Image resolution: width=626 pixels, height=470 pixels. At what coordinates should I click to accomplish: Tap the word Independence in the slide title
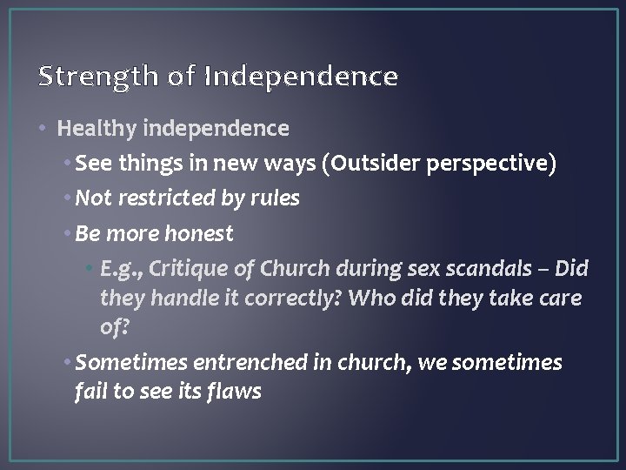pos(301,77)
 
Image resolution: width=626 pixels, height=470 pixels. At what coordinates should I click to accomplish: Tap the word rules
pos(276,198)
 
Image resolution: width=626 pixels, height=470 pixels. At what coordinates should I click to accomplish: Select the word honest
pos(203,233)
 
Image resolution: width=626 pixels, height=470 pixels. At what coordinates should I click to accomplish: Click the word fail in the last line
pos(90,392)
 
